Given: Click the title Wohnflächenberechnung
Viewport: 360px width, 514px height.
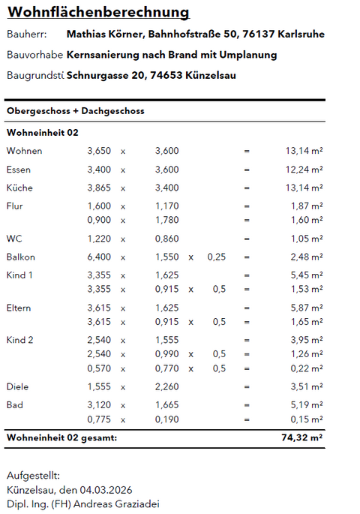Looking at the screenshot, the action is (x=97, y=13).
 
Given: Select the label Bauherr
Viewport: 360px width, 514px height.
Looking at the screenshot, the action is (x=26, y=35).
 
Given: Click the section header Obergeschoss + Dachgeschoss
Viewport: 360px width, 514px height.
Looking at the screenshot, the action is (x=75, y=111).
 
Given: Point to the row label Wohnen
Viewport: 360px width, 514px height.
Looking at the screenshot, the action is (x=24, y=151).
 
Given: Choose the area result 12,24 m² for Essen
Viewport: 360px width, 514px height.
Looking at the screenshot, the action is (x=304, y=170).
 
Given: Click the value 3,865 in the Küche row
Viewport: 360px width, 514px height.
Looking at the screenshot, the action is (x=99, y=188).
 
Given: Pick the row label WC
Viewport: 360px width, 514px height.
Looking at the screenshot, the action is (x=14, y=239).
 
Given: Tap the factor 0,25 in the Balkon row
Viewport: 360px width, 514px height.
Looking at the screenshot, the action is (x=216, y=257).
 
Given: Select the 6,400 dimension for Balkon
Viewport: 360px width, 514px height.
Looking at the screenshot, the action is (x=99, y=257).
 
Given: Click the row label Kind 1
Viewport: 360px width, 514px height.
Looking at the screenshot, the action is (x=20, y=275).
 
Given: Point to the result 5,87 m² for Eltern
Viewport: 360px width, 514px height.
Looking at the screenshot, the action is (x=304, y=308).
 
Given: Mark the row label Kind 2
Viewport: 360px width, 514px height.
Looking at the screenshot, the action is (x=20, y=340).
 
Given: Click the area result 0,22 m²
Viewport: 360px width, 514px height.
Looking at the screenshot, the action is (x=304, y=368).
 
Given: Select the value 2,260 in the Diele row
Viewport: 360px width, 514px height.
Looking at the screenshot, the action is (x=166, y=387).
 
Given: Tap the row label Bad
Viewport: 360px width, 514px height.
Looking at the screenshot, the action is (x=14, y=405).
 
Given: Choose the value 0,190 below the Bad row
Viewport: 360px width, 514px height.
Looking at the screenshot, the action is (x=166, y=419).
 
